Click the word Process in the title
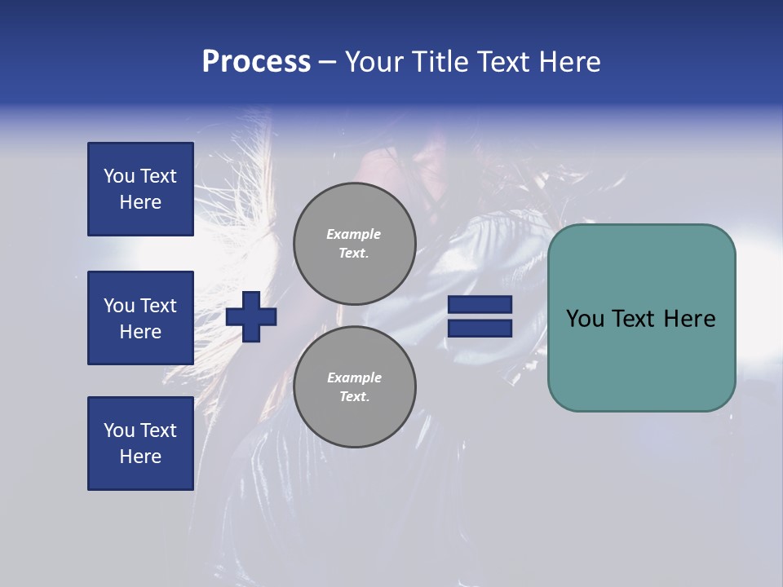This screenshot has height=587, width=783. pyautogui.click(x=256, y=62)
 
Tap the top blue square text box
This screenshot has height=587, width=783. pyautogui.click(x=140, y=189)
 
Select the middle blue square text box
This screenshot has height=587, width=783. pyautogui.click(x=140, y=318)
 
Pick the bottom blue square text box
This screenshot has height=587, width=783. pyautogui.click(x=140, y=444)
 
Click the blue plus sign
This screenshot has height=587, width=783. pyautogui.click(x=251, y=318)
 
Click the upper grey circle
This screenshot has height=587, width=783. pyautogui.click(x=354, y=243)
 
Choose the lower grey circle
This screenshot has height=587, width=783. pyautogui.click(x=354, y=386)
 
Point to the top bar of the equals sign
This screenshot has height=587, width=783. pyautogui.click(x=480, y=305)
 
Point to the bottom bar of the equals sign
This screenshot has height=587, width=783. pyautogui.click(x=480, y=328)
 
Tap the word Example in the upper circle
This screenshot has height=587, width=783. pyautogui.click(x=353, y=234)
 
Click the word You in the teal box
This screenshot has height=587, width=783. pyautogui.click(x=585, y=319)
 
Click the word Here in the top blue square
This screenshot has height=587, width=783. pyautogui.click(x=140, y=202)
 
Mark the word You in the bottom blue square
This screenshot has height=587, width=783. pyautogui.click(x=119, y=430)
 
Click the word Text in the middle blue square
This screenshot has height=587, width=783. pyautogui.click(x=158, y=306)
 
